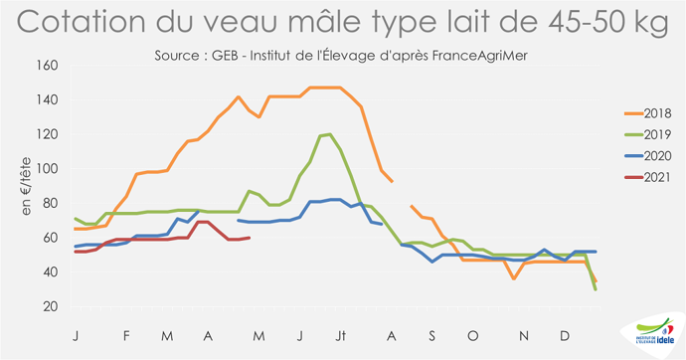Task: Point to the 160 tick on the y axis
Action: (x=48, y=66)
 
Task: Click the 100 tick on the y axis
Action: (x=48, y=169)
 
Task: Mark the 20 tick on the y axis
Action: (x=51, y=306)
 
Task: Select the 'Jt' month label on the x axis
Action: (x=341, y=337)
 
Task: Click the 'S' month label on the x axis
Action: (x=432, y=337)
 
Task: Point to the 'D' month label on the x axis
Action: (x=565, y=337)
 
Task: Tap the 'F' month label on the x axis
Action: (x=126, y=337)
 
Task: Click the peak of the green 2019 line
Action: (x=328, y=133)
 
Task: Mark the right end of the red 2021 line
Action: (x=250, y=238)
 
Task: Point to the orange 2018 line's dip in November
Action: (x=514, y=278)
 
